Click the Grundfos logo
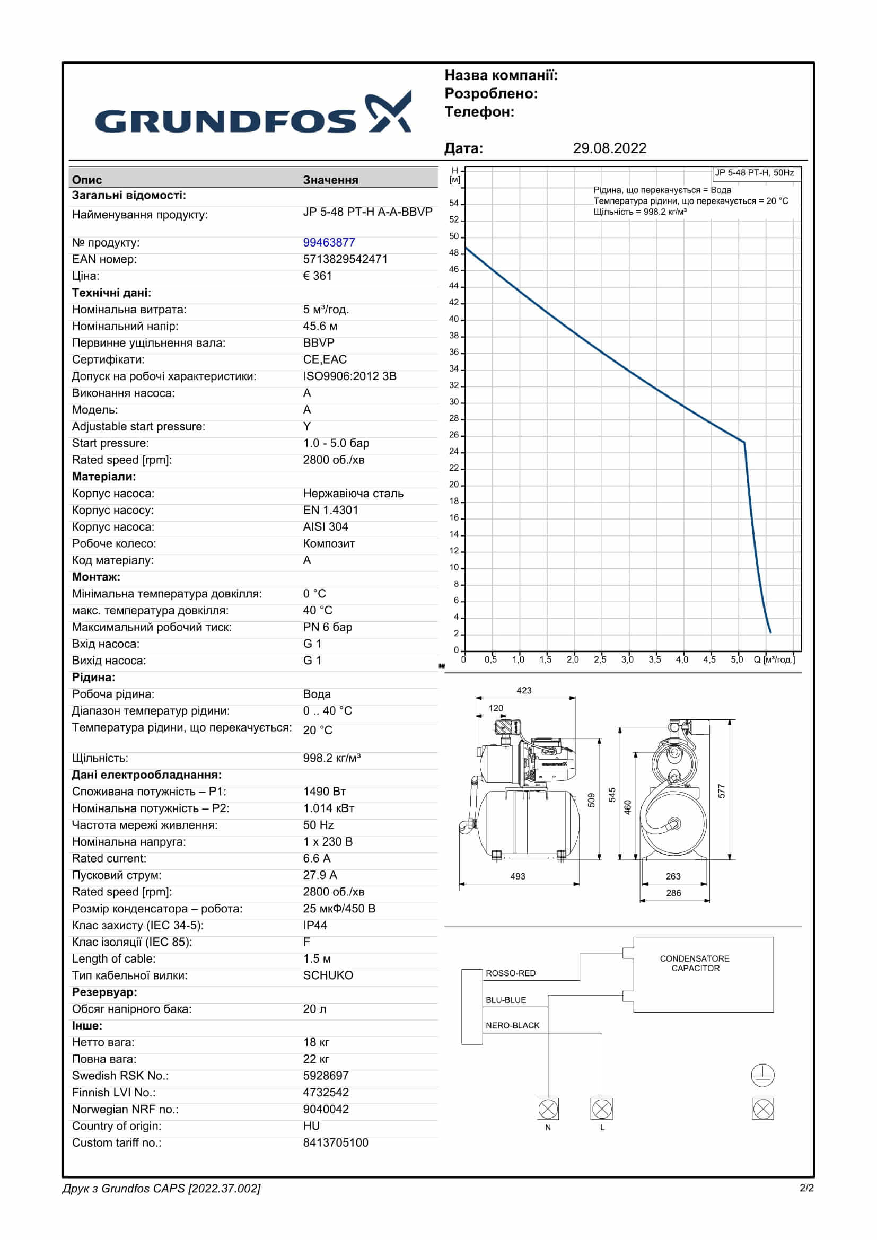pyautogui.click(x=253, y=113)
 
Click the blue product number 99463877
pyautogui.click(x=329, y=242)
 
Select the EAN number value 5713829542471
pyautogui.click(x=345, y=259)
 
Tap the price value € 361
pyautogui.click(x=318, y=276)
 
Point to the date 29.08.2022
pyautogui.click(x=609, y=148)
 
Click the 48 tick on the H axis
pyautogui.click(x=454, y=253)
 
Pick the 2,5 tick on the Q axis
pyautogui.click(x=600, y=659)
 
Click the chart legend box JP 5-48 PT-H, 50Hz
pyautogui.click(x=755, y=173)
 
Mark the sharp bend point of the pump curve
pyautogui.click(x=744, y=442)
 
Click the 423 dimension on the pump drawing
pyautogui.click(x=524, y=691)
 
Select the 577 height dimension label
pyautogui.click(x=722, y=791)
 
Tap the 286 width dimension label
pyautogui.click(x=673, y=893)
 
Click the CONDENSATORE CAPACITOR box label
pyautogui.click(x=695, y=963)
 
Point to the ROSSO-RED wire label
pyautogui.click(x=510, y=973)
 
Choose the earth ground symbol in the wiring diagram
pyautogui.click(x=762, y=1075)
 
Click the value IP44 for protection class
pyautogui.click(x=315, y=925)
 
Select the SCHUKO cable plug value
pyautogui.click(x=328, y=975)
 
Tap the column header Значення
pyautogui.click(x=330, y=180)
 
